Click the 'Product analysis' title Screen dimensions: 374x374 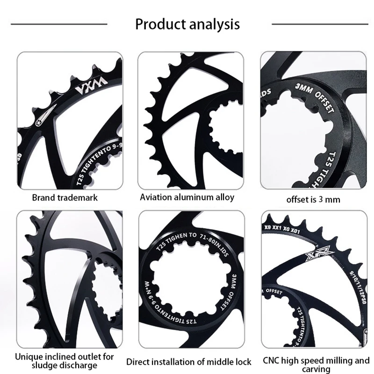[x=187, y=24]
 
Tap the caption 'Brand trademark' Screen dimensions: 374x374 [x=65, y=197]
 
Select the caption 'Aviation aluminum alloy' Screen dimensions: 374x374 [x=187, y=197]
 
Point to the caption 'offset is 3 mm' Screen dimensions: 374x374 [x=313, y=199]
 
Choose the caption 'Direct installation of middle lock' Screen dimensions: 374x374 [x=189, y=362]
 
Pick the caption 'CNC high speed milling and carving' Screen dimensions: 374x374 [x=316, y=365]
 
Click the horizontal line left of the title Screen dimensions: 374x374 [x=59, y=24]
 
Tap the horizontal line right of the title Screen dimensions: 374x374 [x=317, y=24]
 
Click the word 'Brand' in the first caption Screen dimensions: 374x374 [x=43, y=197]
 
